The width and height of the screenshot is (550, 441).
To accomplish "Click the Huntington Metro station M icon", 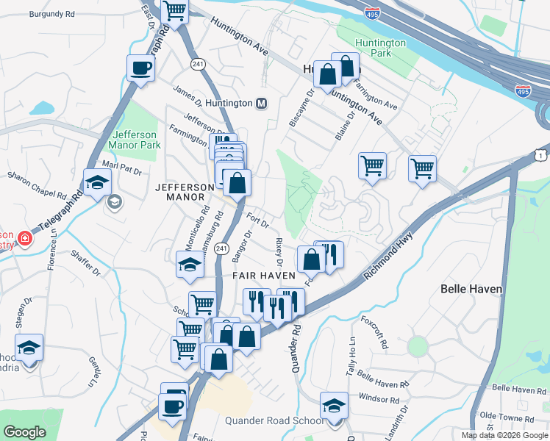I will (x=261, y=104).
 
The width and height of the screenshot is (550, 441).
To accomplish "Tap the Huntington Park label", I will (x=380, y=49).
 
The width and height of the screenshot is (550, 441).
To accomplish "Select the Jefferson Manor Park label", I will (x=135, y=140).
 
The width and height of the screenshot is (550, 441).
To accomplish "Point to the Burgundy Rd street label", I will (x=53, y=14).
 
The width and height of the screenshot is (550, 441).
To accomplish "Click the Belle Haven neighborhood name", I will (x=471, y=289).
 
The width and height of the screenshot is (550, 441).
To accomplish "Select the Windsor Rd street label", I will (x=374, y=398).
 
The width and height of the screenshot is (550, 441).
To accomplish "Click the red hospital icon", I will (x=24, y=238).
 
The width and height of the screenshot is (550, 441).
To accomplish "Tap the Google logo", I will (x=24, y=431).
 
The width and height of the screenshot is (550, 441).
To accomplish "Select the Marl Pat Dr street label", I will (x=121, y=166).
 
